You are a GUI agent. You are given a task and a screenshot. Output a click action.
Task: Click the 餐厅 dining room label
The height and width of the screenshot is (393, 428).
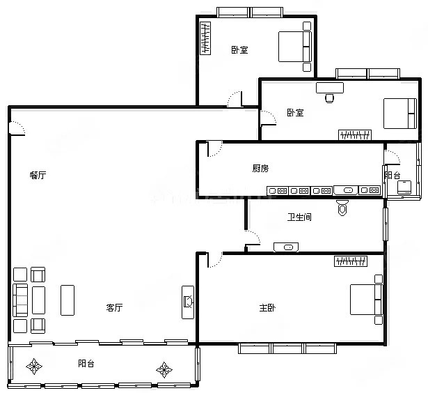click(x=38, y=175)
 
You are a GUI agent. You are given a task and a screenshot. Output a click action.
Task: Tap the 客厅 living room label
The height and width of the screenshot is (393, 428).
click(x=114, y=307)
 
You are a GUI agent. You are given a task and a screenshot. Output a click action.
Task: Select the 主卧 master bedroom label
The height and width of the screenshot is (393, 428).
click(x=267, y=308)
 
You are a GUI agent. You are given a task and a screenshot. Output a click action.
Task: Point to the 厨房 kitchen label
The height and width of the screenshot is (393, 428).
click(x=260, y=168)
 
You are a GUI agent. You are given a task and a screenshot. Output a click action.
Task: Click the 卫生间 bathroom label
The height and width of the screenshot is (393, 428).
click(x=299, y=217)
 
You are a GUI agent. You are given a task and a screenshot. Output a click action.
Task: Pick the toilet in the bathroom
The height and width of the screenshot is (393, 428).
click(x=342, y=208)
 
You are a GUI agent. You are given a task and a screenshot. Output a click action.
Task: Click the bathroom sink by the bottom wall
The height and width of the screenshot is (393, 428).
click(x=286, y=247)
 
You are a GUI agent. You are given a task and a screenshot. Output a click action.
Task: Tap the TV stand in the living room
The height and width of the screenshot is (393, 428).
click(x=188, y=302)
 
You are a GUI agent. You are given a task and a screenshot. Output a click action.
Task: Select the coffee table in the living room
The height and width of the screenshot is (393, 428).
click(x=68, y=300)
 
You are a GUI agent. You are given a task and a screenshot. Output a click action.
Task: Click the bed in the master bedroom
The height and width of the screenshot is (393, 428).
click(x=366, y=300)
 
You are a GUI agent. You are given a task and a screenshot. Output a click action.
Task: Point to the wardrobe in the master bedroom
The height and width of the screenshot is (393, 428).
click(x=351, y=261)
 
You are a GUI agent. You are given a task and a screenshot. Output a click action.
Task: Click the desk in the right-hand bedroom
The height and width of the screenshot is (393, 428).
click(x=330, y=88)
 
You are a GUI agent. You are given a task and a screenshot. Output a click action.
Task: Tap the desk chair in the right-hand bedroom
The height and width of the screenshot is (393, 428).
click(x=330, y=98)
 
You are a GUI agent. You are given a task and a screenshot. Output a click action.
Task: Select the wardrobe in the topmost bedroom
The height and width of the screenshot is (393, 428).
click(x=205, y=38)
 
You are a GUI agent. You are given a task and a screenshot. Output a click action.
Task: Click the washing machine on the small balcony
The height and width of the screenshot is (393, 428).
click(x=404, y=187)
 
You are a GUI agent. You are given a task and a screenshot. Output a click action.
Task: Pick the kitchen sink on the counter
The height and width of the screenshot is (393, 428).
click(x=346, y=190)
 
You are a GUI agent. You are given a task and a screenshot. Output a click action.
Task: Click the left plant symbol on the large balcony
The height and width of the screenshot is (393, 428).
click(x=34, y=367)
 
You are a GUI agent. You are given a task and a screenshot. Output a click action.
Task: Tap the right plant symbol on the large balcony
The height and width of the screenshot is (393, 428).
click(x=164, y=370)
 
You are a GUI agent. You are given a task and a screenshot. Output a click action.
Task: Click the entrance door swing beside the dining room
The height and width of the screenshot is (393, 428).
click(x=17, y=128)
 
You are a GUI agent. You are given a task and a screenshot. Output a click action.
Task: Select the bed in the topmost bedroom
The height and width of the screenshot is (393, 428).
click(x=295, y=47)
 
